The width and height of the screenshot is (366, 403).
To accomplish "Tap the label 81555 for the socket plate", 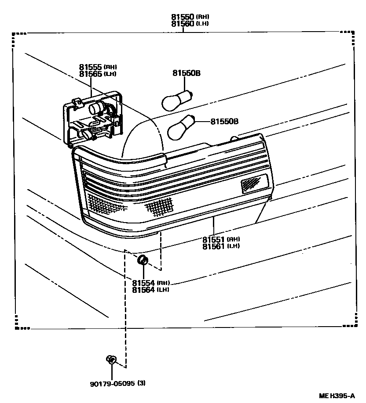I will pyautogui.click(x=91, y=67).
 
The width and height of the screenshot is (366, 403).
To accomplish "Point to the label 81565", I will pyautogui.click(x=91, y=74).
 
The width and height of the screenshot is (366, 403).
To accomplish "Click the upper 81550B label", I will pyautogui.click(x=186, y=73).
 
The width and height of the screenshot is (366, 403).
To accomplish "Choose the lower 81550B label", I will pyautogui.click(x=224, y=121).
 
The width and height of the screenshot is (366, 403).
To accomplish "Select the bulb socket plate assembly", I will pyautogui.click(x=93, y=118).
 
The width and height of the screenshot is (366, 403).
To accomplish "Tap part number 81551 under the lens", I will pyautogui.click(x=214, y=240).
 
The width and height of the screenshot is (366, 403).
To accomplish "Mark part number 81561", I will pyautogui.click(x=214, y=246).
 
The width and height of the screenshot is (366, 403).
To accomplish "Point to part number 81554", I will pyautogui.click(x=143, y=283).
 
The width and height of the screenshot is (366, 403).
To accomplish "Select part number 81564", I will pyautogui.click(x=143, y=289).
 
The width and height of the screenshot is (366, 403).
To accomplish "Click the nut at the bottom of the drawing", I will pyautogui.click(x=111, y=360).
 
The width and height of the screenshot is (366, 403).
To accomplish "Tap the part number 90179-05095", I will pyautogui.click(x=112, y=383).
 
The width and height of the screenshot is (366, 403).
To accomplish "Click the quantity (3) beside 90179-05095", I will pyautogui.click(x=141, y=383).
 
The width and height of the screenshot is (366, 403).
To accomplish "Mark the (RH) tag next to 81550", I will pyautogui.click(x=203, y=17).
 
